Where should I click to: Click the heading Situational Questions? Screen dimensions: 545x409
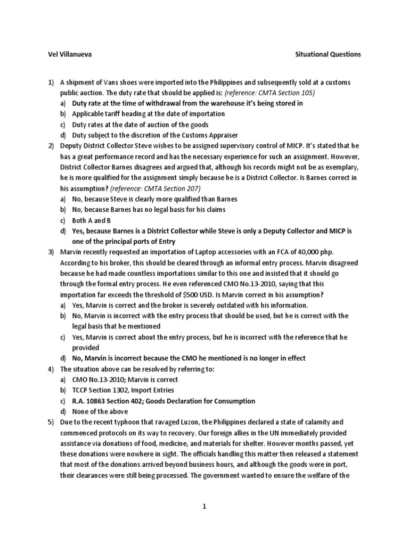tap(328, 54)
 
